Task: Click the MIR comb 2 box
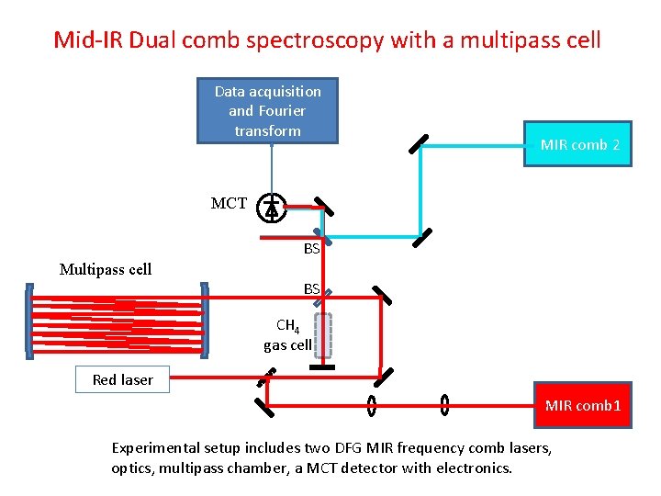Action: click(577, 144)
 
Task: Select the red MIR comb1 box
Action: click(583, 405)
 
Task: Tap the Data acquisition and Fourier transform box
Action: click(267, 111)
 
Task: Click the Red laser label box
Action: click(122, 379)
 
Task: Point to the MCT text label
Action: click(229, 204)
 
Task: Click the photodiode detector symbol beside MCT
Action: click(271, 209)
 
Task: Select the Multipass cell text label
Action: click(106, 269)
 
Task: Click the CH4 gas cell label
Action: click(287, 335)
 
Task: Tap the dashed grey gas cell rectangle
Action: click(323, 335)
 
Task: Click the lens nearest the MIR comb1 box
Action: click(444, 404)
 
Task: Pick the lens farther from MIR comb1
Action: click(372, 404)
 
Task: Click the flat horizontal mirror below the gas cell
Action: click(322, 367)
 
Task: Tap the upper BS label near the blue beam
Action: click(312, 248)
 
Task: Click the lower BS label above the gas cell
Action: click(312, 288)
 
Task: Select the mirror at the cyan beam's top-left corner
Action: click(418, 144)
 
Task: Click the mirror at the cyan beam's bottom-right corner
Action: click(421, 238)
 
